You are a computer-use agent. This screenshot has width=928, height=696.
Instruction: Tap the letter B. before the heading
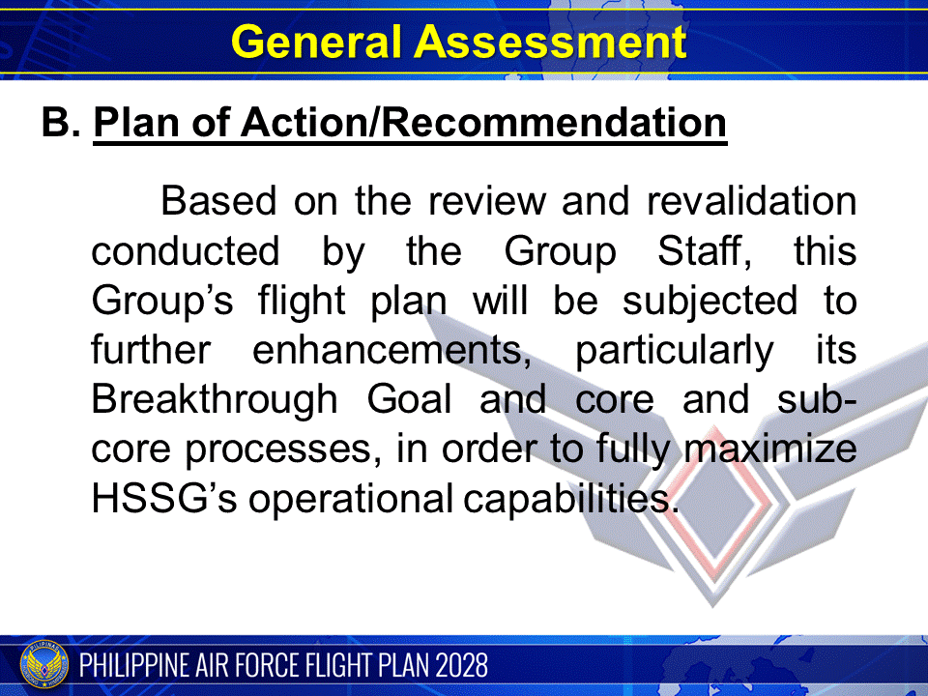click(61, 124)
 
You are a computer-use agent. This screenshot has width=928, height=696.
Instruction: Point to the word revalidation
click(751, 202)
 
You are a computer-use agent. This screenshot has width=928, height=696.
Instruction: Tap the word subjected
click(710, 301)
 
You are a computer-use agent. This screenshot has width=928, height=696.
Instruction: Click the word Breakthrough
click(216, 399)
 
